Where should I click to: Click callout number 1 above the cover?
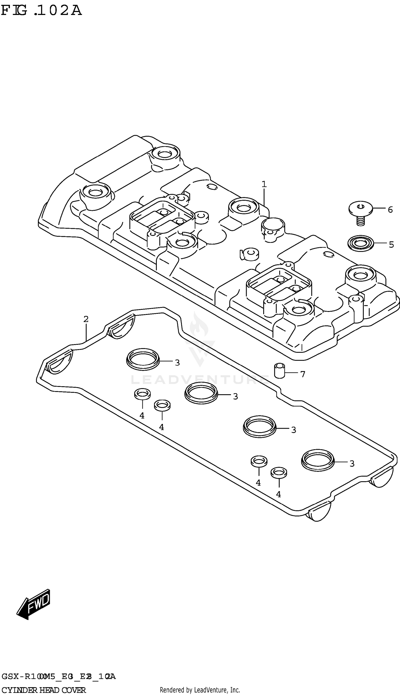pyautogui.click(x=264, y=184)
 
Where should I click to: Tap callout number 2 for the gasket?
pyautogui.click(x=86, y=319)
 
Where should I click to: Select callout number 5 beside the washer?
pyautogui.click(x=391, y=244)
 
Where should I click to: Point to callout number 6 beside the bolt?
pyautogui.click(x=390, y=210)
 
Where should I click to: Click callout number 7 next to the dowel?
pyautogui.click(x=303, y=374)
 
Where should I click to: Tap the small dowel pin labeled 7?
pyautogui.click(x=280, y=371)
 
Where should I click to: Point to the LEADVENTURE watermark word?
pyautogui.click(x=200, y=380)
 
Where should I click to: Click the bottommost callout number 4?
pyautogui.click(x=278, y=494)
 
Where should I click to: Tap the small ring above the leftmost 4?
pyautogui.click(x=142, y=394)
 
